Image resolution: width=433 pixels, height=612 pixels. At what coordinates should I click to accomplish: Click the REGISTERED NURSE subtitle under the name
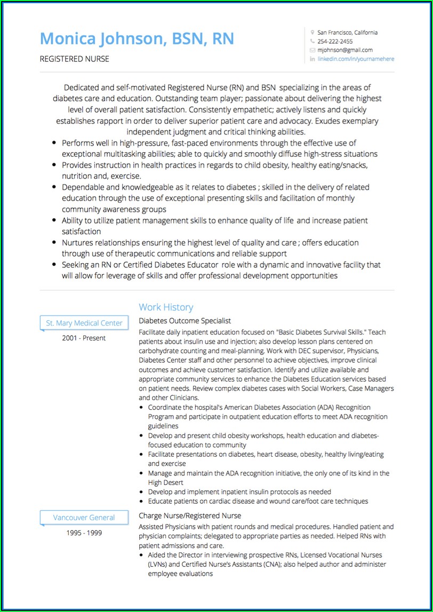(75, 59)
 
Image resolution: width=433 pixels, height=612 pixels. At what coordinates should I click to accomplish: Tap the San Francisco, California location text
(347, 33)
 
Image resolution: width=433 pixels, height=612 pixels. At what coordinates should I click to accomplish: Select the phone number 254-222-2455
(335, 42)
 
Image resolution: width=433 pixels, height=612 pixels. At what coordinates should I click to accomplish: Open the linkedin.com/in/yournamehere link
(356, 59)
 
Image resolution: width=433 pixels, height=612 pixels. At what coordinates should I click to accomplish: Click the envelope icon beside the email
(312, 50)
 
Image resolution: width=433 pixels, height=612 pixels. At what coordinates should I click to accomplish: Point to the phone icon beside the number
(312, 42)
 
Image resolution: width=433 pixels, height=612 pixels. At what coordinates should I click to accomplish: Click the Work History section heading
(166, 307)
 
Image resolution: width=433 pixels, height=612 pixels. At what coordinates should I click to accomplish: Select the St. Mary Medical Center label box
(84, 323)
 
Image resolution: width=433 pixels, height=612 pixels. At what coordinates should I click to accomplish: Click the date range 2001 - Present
(84, 338)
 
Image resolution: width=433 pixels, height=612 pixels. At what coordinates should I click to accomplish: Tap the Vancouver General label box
(84, 518)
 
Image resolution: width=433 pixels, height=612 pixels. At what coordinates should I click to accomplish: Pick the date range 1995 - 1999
(84, 532)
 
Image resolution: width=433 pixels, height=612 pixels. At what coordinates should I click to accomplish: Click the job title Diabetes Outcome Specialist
(185, 321)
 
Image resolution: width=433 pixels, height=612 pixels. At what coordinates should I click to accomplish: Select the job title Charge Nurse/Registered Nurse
(190, 516)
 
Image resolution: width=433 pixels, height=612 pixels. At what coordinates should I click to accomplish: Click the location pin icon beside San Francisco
(312, 33)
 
